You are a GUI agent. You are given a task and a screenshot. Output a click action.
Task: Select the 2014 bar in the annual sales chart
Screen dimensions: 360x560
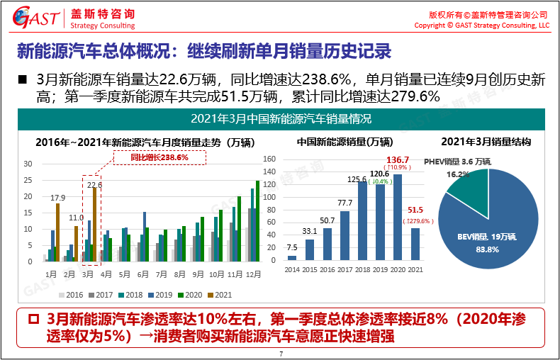291,257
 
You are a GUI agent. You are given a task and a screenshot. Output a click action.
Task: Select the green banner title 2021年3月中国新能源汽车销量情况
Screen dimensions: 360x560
281,118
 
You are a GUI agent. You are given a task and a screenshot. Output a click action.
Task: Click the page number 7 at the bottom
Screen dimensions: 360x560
281,354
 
